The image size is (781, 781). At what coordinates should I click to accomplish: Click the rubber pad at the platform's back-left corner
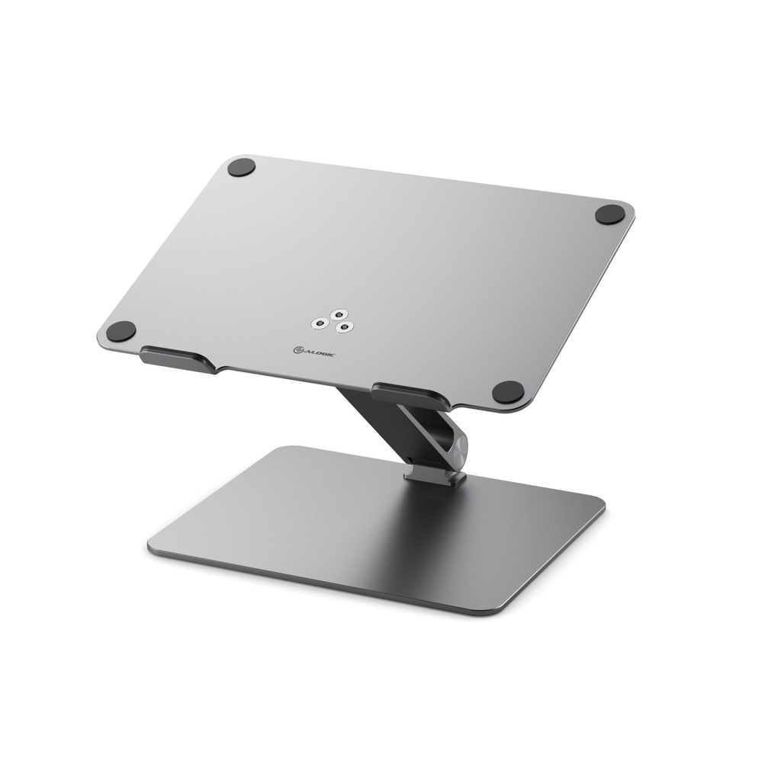tap(241, 167)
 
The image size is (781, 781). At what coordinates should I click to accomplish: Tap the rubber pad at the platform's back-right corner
tap(609, 214)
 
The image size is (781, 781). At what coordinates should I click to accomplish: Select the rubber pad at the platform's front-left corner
tap(121, 331)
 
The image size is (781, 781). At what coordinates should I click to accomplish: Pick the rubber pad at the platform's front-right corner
tap(508, 392)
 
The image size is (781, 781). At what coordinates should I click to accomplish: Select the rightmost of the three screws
tap(346, 327)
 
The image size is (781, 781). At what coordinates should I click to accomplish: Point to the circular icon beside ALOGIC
tap(298, 349)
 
